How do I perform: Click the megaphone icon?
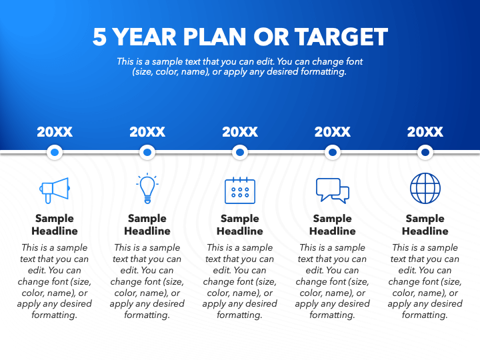55,191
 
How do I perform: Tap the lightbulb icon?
147,189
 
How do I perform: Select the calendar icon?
240,191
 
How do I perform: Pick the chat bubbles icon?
332,191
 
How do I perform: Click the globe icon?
425,189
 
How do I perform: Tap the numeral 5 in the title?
99,37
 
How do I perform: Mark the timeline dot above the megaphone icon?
55,153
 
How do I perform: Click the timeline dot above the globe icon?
425,153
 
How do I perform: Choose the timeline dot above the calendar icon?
240,153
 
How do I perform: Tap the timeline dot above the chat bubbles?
332,153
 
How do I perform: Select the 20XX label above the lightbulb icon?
147,132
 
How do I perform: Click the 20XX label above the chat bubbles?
332,132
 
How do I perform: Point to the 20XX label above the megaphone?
55,132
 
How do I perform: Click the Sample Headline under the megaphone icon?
55,225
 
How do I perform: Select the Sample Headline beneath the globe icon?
425,225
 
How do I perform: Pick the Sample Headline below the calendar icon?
240,225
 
